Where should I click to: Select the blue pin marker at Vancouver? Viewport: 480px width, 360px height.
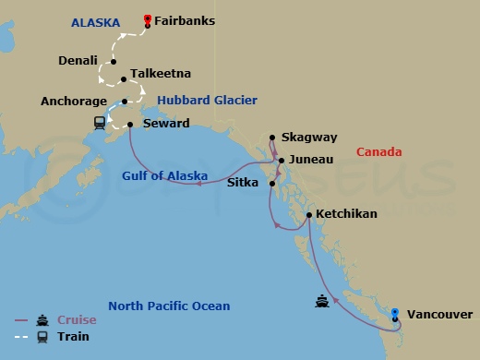coord(395,315)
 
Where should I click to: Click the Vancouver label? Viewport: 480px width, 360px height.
coord(439,314)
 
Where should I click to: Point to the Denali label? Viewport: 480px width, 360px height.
coord(78,62)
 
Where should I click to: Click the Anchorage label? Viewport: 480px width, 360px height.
coord(78,102)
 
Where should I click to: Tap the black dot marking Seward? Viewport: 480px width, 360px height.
coord(130,124)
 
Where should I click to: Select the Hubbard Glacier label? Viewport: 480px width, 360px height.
coord(207,100)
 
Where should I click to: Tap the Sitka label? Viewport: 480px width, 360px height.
coord(243,183)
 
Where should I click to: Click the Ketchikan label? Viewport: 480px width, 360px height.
coord(346,213)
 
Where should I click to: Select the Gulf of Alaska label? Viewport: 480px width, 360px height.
coord(164,175)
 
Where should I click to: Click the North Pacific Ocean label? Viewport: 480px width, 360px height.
coord(169,306)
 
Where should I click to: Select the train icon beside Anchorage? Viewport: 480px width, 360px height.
coord(100,123)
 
